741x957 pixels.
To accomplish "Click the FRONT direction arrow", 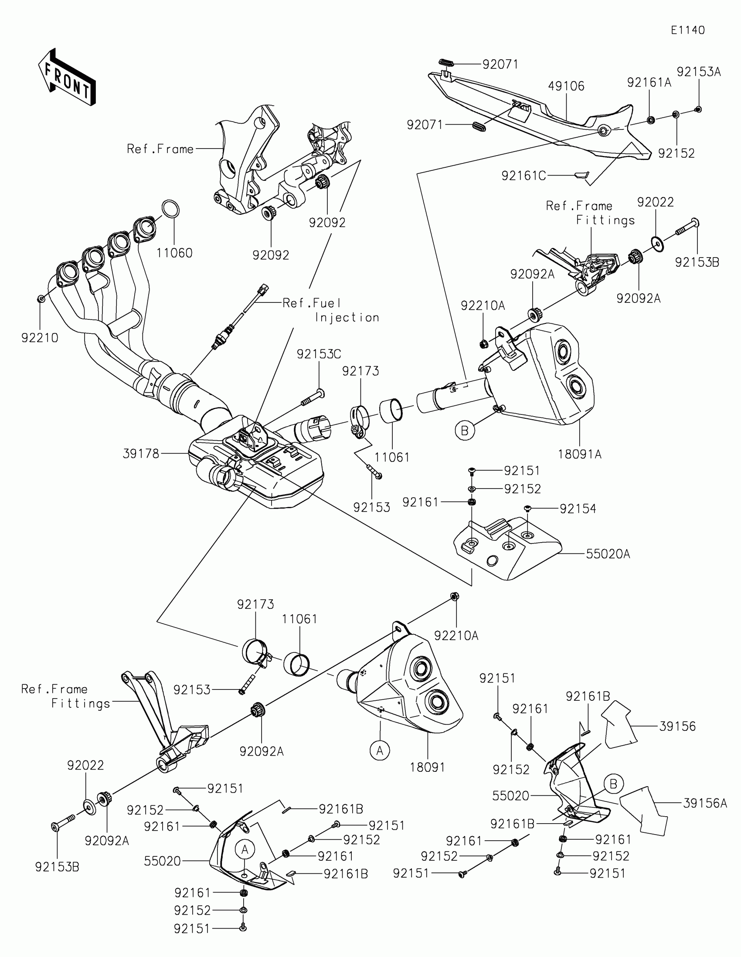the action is point(67,77).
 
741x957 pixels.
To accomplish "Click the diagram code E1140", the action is point(687,30).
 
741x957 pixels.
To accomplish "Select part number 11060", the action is point(175,253).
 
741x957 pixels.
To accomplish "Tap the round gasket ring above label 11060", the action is point(171,209).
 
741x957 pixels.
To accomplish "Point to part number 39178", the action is point(141,454).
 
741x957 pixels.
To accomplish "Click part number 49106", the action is point(566,86).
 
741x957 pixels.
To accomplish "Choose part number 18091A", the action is point(579,455).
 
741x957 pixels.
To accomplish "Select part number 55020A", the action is point(608,554).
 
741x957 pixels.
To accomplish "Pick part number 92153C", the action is point(319,353).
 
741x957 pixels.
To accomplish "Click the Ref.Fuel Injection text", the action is point(331,310).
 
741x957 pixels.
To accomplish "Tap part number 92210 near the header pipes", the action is point(40,337).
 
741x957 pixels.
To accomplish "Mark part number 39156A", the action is point(705,803).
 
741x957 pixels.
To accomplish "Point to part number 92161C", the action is point(523,176).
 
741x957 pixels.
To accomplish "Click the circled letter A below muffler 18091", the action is point(380,750).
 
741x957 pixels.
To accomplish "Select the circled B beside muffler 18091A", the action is point(465,431).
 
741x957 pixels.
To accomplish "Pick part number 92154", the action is point(578,509).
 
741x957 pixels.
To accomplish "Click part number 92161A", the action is point(649,82).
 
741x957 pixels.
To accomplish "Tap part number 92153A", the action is point(699,72).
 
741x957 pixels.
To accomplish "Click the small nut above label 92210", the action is point(40,299).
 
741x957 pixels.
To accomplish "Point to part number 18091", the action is point(427,767).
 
